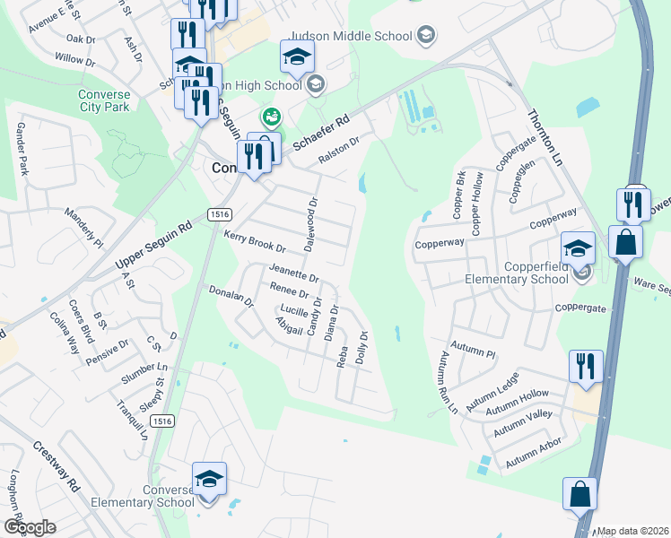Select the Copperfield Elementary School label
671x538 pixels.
tap(517, 273)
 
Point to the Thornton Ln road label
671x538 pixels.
tap(545, 134)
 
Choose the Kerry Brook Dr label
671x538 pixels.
tap(255, 241)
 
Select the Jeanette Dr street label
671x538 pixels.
tap(293, 273)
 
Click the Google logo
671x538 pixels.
tap(30, 526)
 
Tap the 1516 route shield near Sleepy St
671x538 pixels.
tap(162, 421)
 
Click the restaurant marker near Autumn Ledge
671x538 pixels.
tap(585, 367)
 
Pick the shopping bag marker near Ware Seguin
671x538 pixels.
tap(624, 241)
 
